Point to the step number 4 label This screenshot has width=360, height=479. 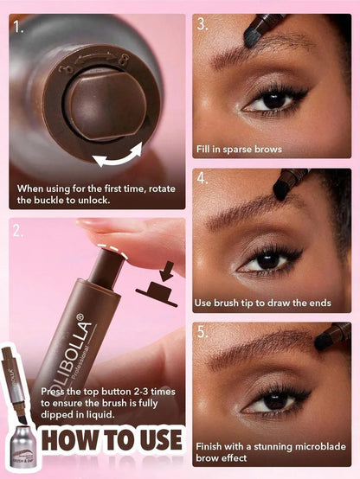(202, 179)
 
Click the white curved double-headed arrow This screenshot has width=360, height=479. (119, 157)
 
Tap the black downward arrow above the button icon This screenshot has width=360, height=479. (165, 275)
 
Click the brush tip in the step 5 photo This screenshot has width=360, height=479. (327, 342)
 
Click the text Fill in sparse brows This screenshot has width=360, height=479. (239, 150)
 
